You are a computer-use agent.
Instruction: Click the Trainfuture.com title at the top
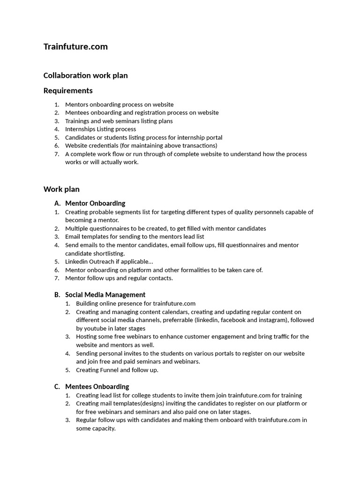pyautogui.click(x=75, y=46)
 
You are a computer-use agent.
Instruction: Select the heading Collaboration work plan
pyautogui.click(x=85, y=75)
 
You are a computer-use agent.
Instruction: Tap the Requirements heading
pyautogui.click(x=68, y=90)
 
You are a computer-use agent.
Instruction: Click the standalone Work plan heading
pyautogui.click(x=61, y=189)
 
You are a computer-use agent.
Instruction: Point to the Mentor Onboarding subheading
pyautogui.click(x=95, y=203)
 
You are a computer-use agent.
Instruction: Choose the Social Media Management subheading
pyautogui.click(x=105, y=295)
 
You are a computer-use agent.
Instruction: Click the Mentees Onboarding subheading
pyautogui.click(x=97, y=387)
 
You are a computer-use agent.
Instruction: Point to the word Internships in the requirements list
pyautogui.click(x=81, y=129)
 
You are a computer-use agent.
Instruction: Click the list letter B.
pyautogui.click(x=57, y=295)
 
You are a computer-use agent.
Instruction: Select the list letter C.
pyautogui.click(x=57, y=387)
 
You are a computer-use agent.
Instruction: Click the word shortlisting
pyautogui.click(x=108, y=254)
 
